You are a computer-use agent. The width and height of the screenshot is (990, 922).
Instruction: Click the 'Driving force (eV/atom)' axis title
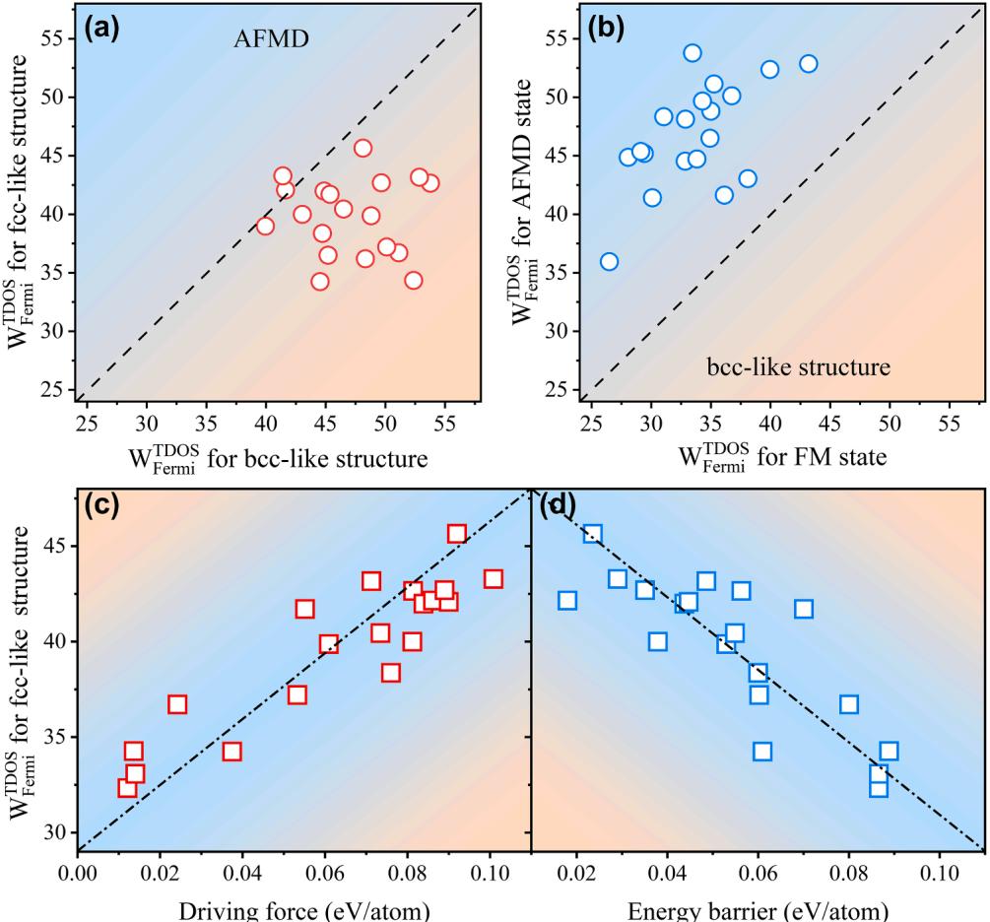(x=303, y=908)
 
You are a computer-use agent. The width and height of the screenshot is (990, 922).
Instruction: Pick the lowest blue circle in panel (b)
(x=609, y=261)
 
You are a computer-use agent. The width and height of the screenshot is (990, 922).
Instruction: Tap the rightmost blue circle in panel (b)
(x=808, y=64)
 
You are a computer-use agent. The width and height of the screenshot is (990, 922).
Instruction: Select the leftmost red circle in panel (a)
(x=265, y=226)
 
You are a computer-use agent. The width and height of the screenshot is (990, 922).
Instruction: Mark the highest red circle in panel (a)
(x=363, y=149)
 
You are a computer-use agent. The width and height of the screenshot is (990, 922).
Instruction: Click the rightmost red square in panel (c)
(x=493, y=579)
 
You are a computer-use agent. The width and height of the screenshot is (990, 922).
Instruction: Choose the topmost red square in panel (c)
(x=456, y=534)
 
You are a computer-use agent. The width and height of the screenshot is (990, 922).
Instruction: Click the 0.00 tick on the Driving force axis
(x=78, y=872)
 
